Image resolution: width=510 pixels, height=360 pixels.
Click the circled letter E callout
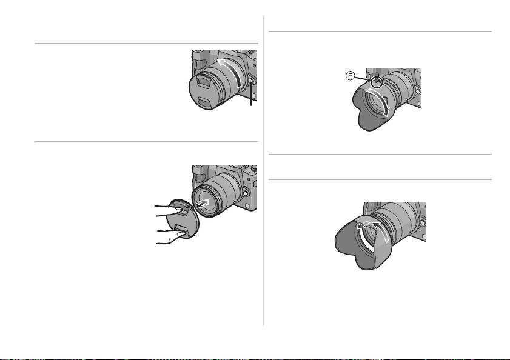350,76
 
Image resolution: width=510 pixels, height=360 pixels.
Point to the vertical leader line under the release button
251,96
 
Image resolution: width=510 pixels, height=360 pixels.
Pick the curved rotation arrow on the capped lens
230,72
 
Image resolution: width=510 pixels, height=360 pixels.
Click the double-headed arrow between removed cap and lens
202,204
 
